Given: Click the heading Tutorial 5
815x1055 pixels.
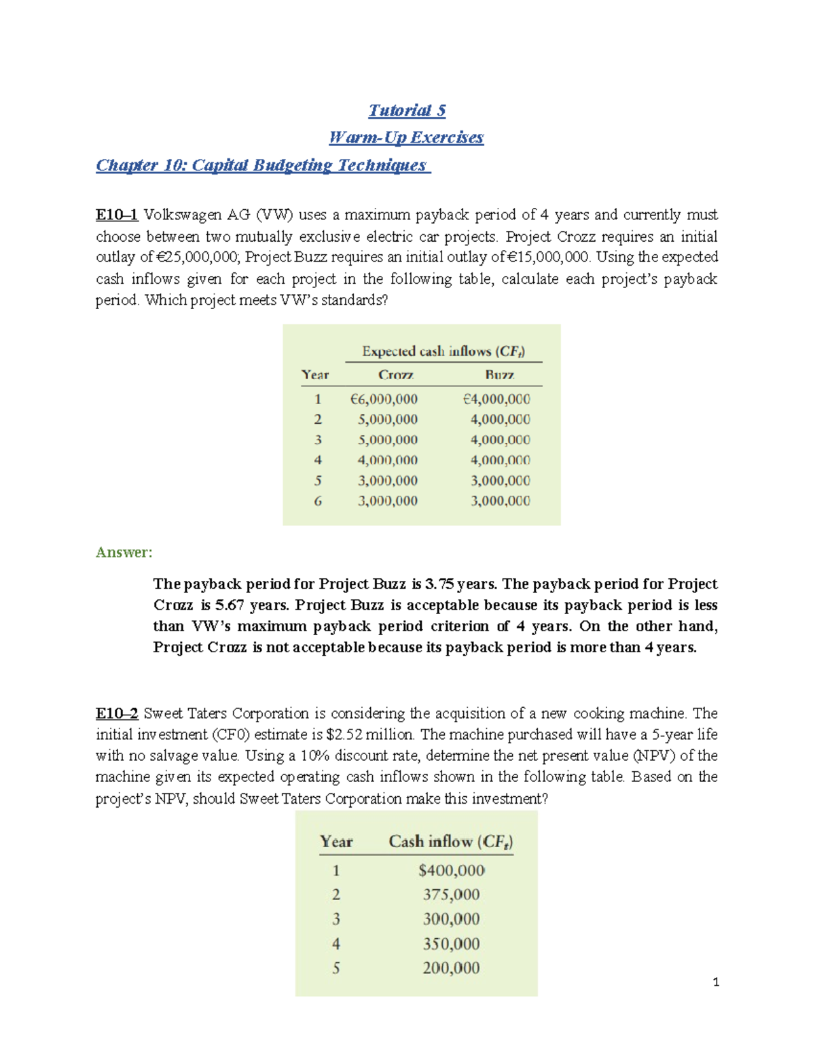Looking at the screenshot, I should [407, 110].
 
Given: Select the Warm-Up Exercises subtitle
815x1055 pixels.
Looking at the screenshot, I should [406, 137].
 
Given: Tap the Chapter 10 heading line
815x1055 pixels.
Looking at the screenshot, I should [263, 165].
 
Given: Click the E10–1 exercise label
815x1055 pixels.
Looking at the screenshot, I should [117, 215].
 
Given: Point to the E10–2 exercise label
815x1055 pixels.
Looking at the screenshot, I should [117, 713].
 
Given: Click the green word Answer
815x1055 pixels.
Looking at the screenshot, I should [124, 552].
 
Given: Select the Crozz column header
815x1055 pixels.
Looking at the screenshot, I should [396, 375].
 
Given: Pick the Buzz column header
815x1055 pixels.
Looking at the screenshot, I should [499, 375].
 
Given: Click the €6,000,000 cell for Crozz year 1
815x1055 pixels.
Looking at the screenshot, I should [384, 399].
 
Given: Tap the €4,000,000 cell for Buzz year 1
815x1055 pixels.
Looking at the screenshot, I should [496, 399].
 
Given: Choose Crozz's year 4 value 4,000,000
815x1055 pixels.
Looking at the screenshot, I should [387, 461].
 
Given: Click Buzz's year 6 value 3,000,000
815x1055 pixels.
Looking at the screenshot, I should [500, 501].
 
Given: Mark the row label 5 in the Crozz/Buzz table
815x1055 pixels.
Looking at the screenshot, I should [318, 481].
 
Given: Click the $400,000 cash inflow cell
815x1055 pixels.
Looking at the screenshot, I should [452, 870].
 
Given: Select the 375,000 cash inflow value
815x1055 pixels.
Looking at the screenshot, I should [451, 895].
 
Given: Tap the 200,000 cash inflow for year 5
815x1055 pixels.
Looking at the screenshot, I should [451, 968].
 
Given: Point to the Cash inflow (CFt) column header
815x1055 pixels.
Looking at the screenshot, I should [450, 842].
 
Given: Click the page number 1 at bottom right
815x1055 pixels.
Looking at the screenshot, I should [716, 982].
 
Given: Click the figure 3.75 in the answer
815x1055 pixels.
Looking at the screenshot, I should [439, 584].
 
